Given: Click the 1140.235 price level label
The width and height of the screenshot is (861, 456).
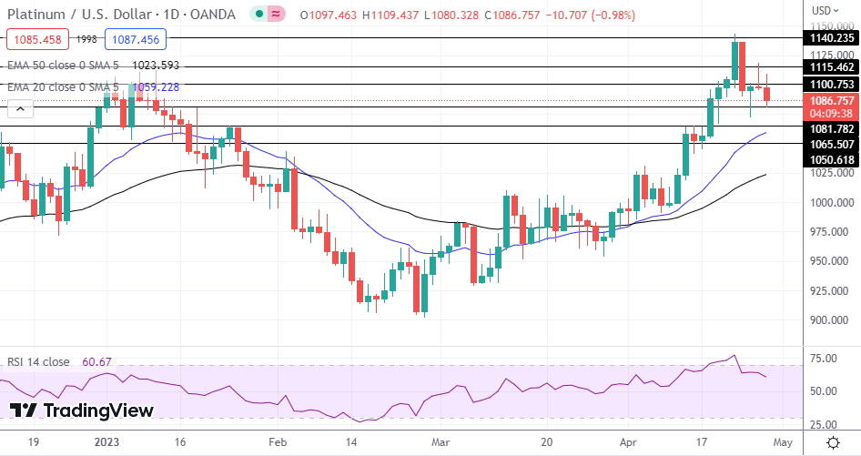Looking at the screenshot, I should [x=832, y=38].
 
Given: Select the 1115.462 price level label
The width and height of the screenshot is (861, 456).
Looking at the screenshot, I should [x=832, y=67].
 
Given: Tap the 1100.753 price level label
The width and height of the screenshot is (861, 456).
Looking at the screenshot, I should [x=832, y=84].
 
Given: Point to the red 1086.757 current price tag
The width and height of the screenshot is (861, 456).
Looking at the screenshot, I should [x=832, y=100].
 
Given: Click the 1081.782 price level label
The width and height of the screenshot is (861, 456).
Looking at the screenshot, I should [x=832, y=129].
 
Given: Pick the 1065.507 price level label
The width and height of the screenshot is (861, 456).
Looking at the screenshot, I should [x=832, y=144].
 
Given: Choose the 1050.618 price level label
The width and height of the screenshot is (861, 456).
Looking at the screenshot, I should [x=832, y=159].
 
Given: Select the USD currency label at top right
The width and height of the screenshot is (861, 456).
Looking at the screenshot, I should [x=821, y=11].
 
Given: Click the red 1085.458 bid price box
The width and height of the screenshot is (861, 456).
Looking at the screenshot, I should [x=36, y=39].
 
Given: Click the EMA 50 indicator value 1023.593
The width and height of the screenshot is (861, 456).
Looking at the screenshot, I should [x=156, y=66].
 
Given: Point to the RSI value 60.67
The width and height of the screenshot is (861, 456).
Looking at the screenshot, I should [x=96, y=362].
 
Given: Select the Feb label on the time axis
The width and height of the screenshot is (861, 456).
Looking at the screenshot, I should [x=279, y=442].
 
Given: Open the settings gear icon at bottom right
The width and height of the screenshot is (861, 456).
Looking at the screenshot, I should [x=833, y=442].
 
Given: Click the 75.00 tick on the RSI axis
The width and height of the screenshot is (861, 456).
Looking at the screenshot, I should [x=825, y=359].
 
